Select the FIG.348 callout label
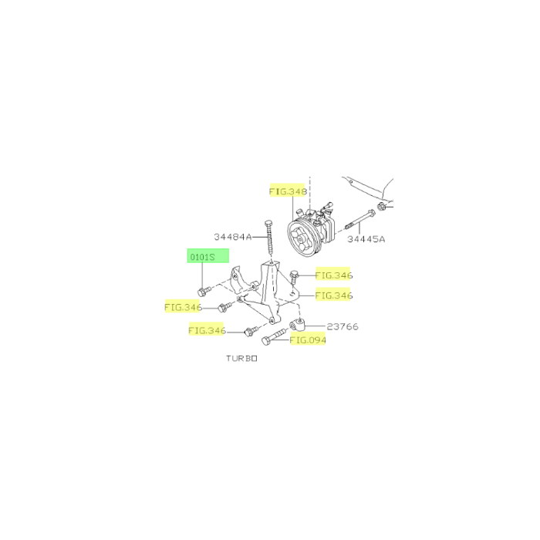tap(288, 191)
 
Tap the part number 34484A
tap(232, 237)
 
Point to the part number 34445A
tap(366, 239)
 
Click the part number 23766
tap(343, 326)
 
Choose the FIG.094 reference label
tap(308, 340)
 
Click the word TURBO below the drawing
tap(241, 358)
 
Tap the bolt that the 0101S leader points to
tap(204, 292)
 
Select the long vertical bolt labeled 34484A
tap(269, 238)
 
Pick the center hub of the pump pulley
tap(299, 238)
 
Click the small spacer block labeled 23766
tap(297, 324)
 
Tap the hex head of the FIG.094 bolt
tap(266, 341)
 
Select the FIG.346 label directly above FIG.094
tap(333, 295)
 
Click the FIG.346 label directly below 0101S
tap(183, 307)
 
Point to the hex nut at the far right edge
tap(381, 207)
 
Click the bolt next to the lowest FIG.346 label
tap(251, 331)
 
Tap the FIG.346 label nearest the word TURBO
tap(207, 331)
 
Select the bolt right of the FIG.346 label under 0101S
tap(225, 306)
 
